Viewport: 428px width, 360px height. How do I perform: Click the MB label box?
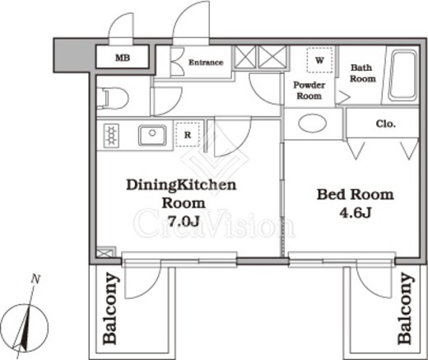pyautogui.click(x=123, y=57)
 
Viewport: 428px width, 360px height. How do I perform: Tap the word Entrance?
pyautogui.click(x=206, y=63)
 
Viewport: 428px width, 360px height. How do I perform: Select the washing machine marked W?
pyautogui.click(x=319, y=60)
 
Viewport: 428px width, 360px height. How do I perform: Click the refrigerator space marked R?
pyautogui.click(x=188, y=134)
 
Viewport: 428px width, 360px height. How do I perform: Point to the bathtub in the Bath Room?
pyautogui.click(x=402, y=76)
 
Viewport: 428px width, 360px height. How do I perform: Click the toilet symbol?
pyautogui.click(x=113, y=96)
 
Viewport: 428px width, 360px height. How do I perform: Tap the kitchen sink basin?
pyautogui.click(x=152, y=135)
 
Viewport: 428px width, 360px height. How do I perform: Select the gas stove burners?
pyautogui.click(x=111, y=135)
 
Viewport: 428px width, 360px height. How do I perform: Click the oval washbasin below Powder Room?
pyautogui.click(x=313, y=123)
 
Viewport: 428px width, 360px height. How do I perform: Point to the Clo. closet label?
pyautogui.click(x=386, y=124)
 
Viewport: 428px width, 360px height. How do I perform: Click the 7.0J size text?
pyautogui.click(x=184, y=221)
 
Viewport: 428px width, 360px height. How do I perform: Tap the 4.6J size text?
pyautogui.click(x=356, y=212)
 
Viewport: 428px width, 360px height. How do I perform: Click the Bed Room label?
pyautogui.click(x=356, y=194)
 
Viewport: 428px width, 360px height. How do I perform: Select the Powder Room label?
pyautogui.click(x=309, y=91)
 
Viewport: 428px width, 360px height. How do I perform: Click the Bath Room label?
pyautogui.click(x=362, y=73)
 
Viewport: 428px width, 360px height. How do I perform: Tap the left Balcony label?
pyautogui.click(x=111, y=308)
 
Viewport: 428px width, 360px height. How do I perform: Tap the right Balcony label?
pyautogui.click(x=406, y=308)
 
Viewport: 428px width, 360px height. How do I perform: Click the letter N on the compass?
pyautogui.click(x=35, y=279)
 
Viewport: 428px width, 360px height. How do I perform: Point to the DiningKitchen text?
pyautogui.click(x=181, y=185)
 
